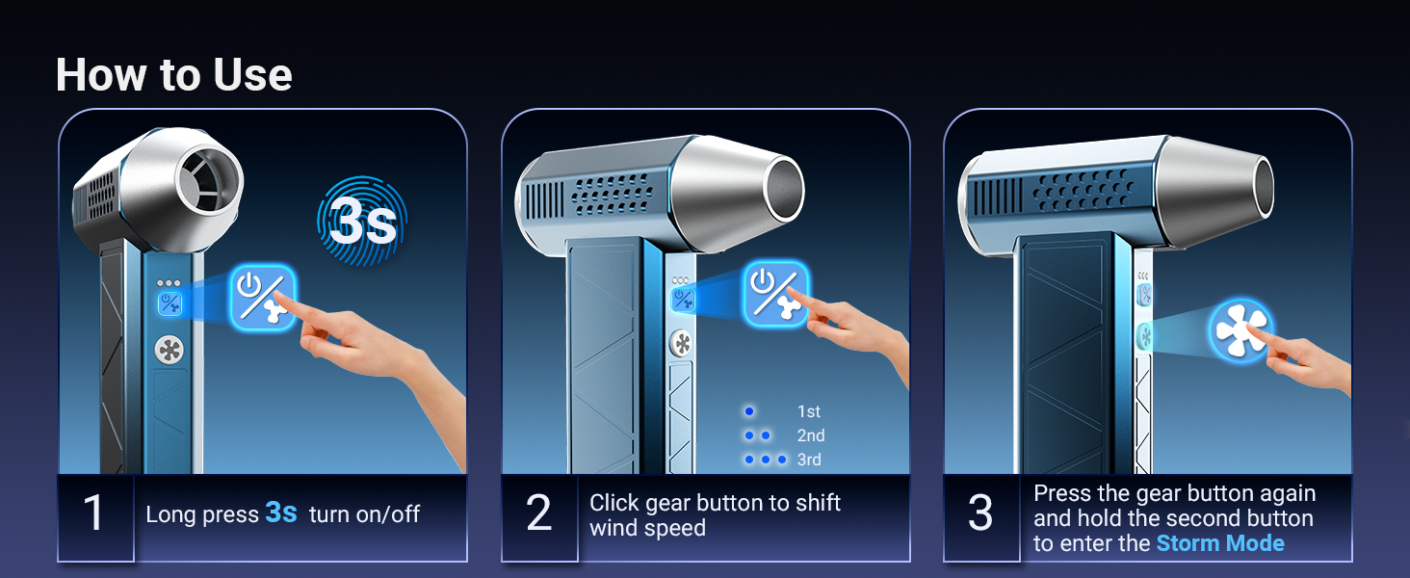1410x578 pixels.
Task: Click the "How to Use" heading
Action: point(173,75)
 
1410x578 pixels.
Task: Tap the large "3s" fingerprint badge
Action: point(362,223)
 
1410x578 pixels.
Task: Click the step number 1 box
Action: point(94,513)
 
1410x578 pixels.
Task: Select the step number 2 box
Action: point(538,513)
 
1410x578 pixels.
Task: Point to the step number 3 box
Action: point(980,513)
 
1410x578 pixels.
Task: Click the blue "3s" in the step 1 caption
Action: point(280,512)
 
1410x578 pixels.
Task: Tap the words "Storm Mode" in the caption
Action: point(1220,543)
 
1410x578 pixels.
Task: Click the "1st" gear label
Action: point(808,411)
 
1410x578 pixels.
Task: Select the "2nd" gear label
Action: point(810,435)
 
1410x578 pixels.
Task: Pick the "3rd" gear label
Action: point(809,460)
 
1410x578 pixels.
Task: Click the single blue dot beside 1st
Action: point(749,411)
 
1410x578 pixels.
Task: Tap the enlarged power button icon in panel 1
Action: point(263,298)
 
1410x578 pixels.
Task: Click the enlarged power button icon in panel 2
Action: point(775,294)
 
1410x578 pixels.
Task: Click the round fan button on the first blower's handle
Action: point(170,350)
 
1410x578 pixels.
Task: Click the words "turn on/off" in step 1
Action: point(364,514)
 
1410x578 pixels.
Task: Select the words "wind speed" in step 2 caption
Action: point(647,529)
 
